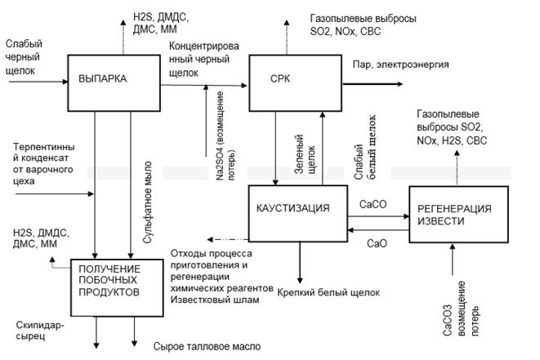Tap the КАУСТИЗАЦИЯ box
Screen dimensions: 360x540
click(x=292, y=209)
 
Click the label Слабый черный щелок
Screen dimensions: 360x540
click(x=25, y=57)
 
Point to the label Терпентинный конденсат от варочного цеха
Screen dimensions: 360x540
click(x=38, y=164)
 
